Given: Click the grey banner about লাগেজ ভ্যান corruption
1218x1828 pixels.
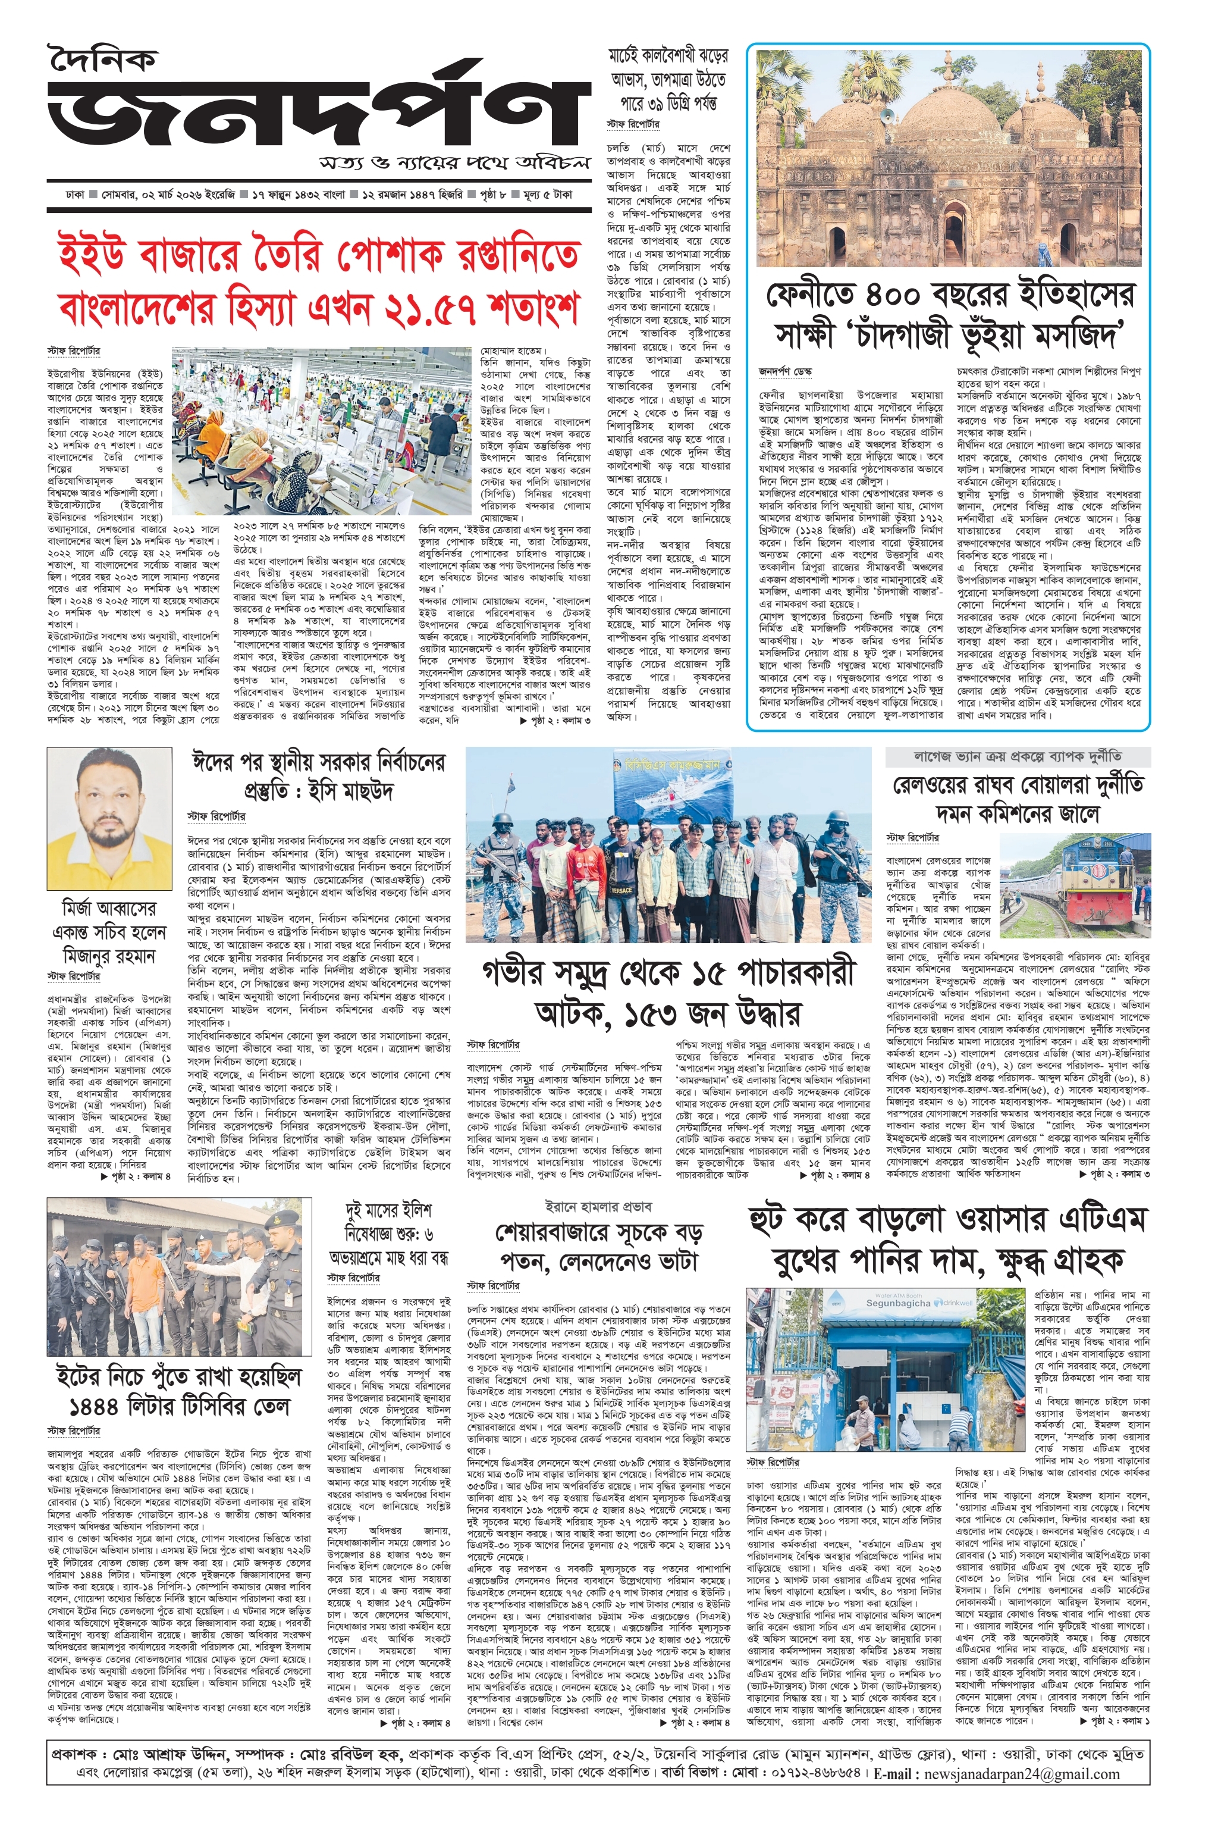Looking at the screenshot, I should [x=1018, y=756].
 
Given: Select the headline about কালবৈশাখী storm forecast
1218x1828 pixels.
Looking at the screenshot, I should [x=668, y=80].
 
